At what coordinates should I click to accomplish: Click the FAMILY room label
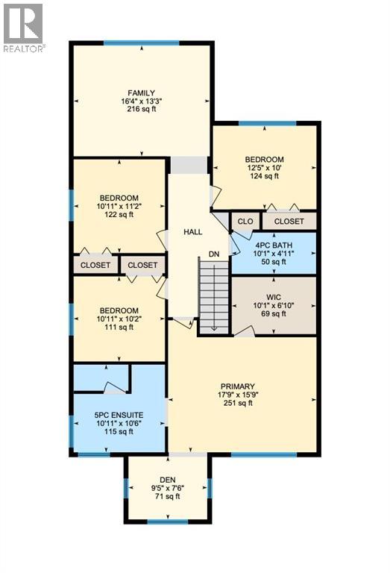point(141,93)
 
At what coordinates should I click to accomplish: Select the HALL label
point(193,232)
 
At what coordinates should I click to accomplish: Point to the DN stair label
point(214,254)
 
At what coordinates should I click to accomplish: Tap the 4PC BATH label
point(274,244)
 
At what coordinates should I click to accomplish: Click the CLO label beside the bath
point(244,222)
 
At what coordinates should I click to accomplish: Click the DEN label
point(167,480)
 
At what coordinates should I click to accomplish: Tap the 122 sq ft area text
point(119,215)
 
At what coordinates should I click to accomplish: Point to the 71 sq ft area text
point(167,496)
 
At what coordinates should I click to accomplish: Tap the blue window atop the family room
point(141,43)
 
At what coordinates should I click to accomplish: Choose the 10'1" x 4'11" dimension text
point(274,253)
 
